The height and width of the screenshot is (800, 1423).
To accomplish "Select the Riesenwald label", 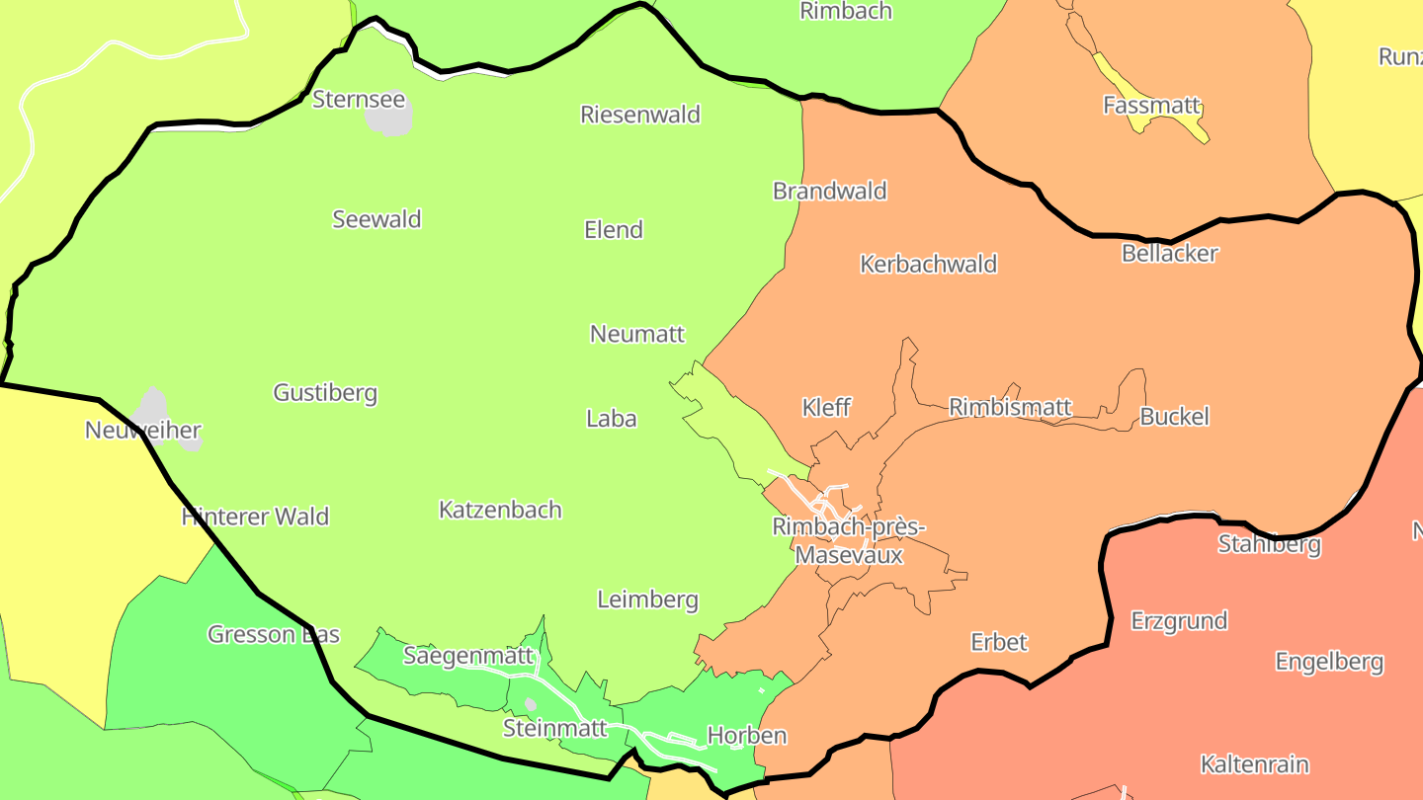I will (640, 115).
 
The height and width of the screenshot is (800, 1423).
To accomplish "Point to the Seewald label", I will (377, 219).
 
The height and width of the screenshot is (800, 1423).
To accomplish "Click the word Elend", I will (614, 230).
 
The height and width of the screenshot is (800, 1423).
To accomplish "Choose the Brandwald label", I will (830, 191).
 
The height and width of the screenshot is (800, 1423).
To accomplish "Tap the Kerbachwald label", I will (929, 264).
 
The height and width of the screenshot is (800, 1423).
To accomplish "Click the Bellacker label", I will (1170, 253).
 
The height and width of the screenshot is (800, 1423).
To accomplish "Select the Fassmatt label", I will (1151, 105).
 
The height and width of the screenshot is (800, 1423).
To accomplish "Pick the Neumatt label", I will (637, 334).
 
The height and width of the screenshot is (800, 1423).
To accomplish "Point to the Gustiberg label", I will (325, 393).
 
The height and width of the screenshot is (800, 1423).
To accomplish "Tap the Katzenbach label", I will (500, 510).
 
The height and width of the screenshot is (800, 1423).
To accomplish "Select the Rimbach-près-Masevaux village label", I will (849, 541).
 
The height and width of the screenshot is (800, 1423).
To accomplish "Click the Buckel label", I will (1174, 416).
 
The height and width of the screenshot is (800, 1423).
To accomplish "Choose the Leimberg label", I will (647, 600).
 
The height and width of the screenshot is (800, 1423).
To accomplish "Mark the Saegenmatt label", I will (468, 655).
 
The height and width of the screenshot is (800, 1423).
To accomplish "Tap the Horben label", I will (747, 735).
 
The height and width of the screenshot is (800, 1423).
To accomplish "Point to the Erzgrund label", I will (1179, 620).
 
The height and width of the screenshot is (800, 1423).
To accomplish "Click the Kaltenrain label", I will (1254, 764).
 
